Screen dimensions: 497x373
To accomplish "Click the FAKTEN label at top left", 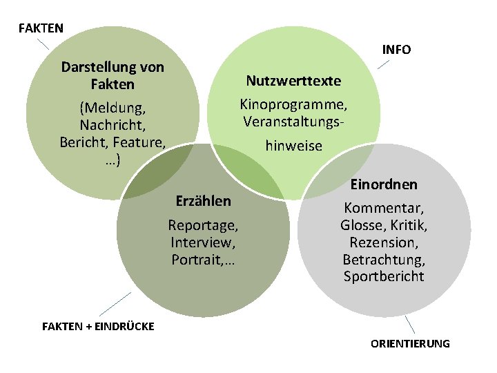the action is (x=41, y=28).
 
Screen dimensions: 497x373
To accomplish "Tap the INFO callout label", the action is (x=396, y=50).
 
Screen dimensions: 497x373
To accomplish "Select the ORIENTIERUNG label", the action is (x=410, y=343).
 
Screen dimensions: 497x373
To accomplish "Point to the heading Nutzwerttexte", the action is (x=293, y=81).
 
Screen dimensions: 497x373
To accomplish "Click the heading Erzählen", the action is (x=203, y=201).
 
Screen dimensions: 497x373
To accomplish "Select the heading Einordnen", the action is (x=384, y=185).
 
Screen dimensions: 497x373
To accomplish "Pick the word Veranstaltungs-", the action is (x=293, y=122).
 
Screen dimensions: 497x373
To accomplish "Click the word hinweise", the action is (x=293, y=146).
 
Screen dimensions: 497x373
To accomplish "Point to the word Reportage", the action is (x=203, y=225).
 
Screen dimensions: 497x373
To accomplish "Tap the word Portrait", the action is (x=197, y=260).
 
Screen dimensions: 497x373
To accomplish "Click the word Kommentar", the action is (x=384, y=208).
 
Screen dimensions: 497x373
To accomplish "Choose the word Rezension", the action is (x=384, y=242).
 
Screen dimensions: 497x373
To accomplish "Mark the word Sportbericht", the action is (x=384, y=277).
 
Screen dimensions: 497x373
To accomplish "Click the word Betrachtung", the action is (x=384, y=260).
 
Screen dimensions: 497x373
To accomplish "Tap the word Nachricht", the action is (x=112, y=126).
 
